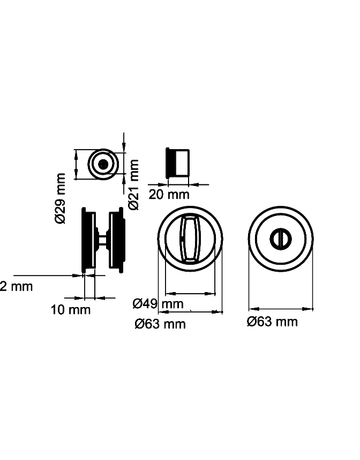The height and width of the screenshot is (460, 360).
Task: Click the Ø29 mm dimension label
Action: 61,198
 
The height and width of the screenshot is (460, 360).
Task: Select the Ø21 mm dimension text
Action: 134,184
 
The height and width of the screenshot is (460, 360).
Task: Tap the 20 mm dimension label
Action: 169,194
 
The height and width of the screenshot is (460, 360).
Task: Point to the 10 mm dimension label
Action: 71,310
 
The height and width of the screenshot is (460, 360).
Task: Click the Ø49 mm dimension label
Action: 158,304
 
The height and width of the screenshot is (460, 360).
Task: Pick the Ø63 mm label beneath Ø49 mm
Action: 160,324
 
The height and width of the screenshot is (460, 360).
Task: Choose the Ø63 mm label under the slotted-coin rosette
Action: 272,322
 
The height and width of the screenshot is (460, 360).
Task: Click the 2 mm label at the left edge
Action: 16,286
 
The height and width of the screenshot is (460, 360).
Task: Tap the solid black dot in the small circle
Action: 104,164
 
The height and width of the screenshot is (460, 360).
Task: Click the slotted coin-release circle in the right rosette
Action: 281,238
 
